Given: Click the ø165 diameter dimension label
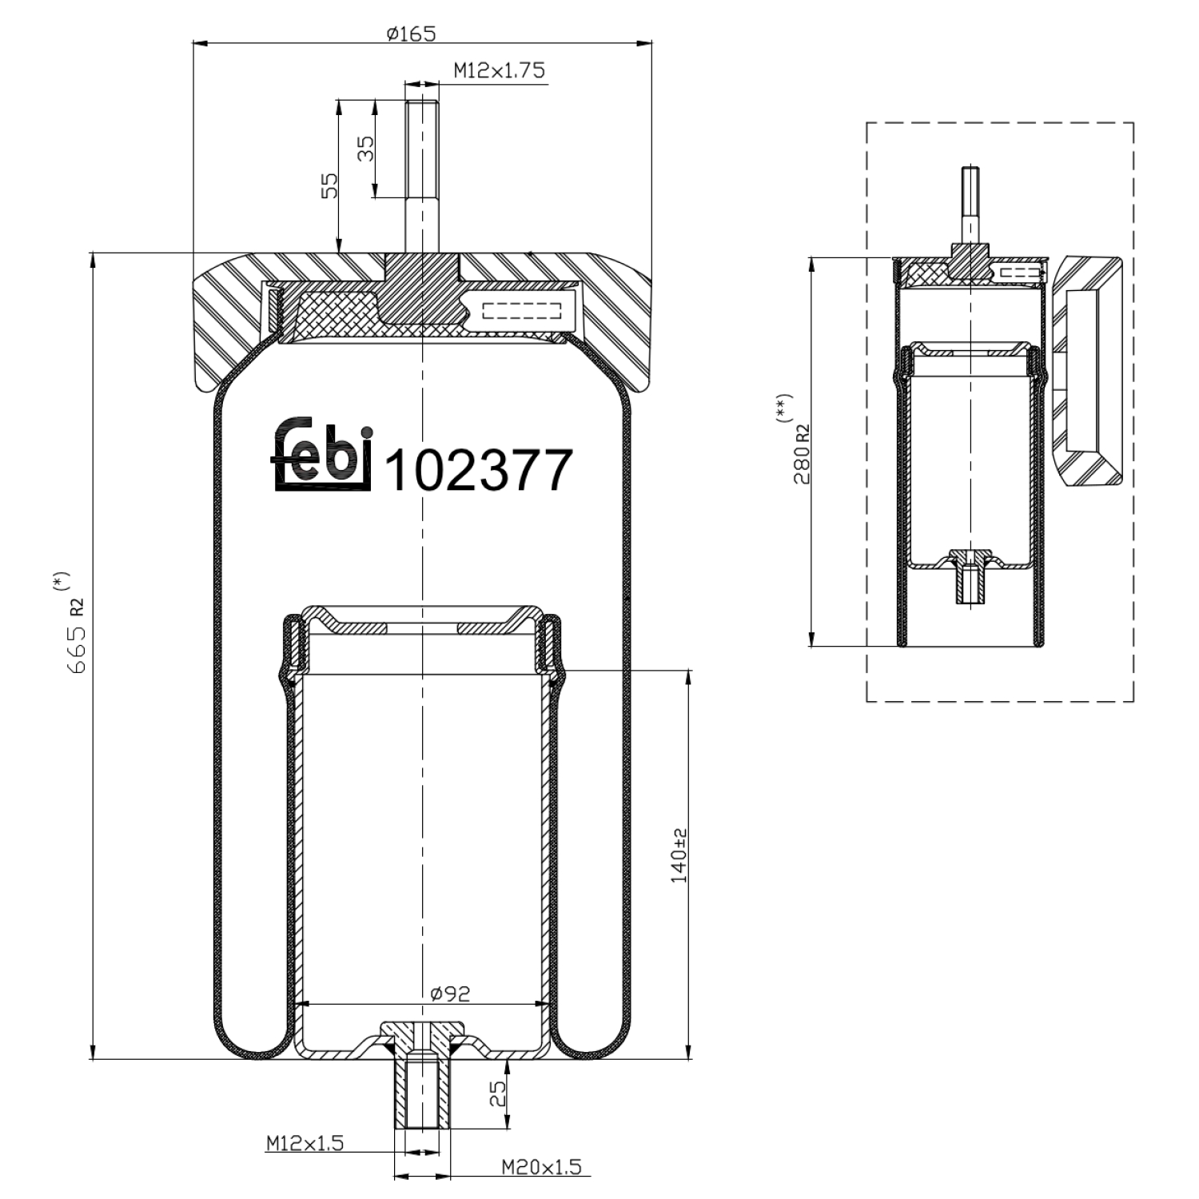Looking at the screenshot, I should point(411,34).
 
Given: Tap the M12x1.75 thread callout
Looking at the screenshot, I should point(499,70).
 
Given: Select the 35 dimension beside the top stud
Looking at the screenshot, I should point(365,149).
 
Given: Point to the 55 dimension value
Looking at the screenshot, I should point(329,185).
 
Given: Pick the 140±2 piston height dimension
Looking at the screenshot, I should point(679,855).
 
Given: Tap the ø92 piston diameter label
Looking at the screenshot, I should point(450,994).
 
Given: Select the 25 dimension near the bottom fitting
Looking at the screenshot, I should point(498,1093).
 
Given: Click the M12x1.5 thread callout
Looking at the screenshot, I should point(305,1143).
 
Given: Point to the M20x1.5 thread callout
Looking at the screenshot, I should point(541,1167).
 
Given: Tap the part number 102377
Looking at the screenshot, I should point(478,470).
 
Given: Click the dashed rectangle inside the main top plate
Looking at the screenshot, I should point(523,310).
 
